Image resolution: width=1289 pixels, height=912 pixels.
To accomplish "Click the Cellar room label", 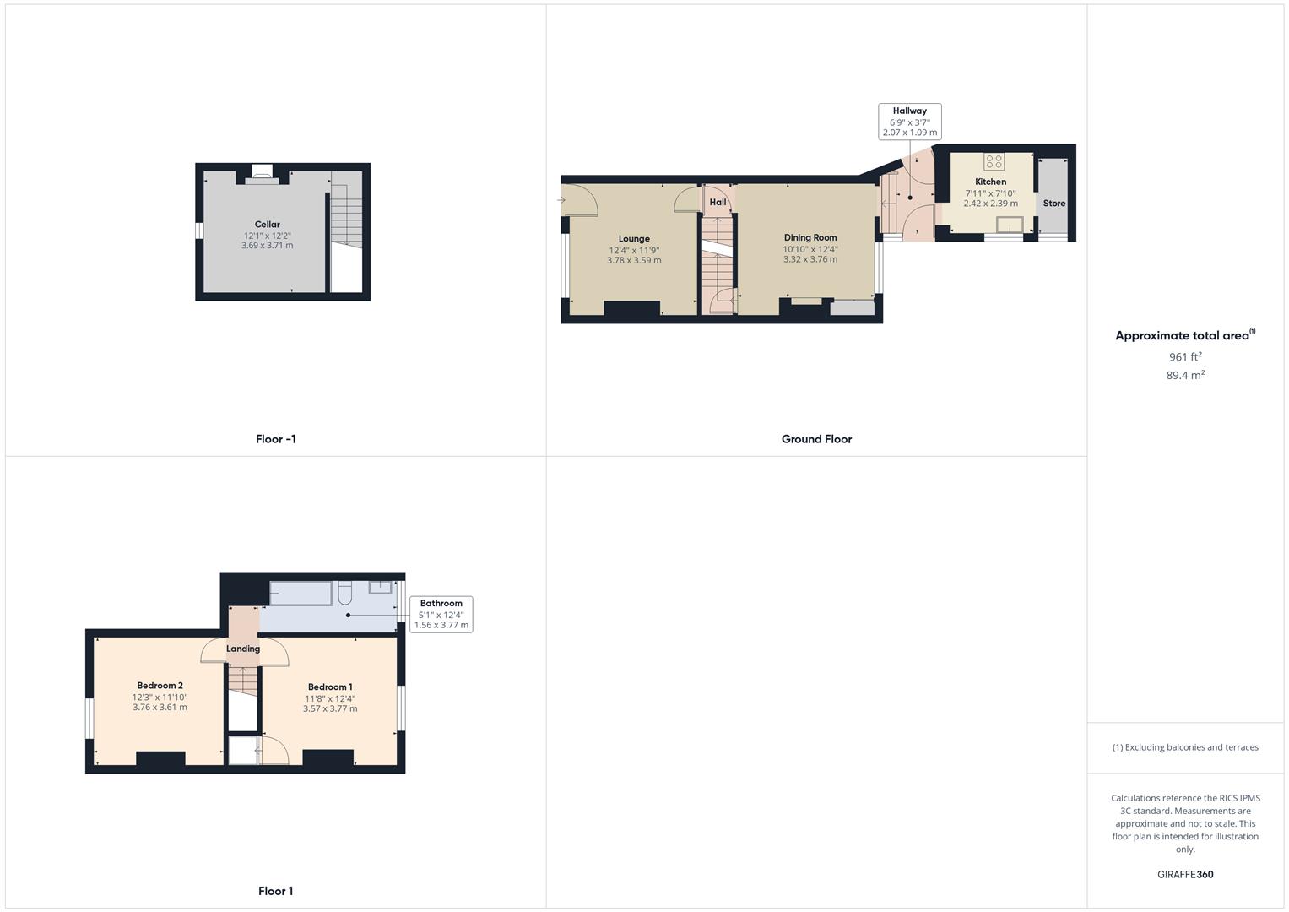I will click(x=268, y=225).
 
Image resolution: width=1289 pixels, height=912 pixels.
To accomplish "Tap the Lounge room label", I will click(x=634, y=239).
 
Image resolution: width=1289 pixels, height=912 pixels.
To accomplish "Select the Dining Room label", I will click(x=810, y=238).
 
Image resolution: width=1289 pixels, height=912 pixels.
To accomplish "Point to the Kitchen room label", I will click(x=990, y=182).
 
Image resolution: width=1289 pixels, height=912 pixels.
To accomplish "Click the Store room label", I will click(x=1054, y=204).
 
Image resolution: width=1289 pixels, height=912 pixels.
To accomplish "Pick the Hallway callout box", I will click(x=909, y=122).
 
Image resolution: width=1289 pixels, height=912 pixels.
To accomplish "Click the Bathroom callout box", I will click(x=441, y=614).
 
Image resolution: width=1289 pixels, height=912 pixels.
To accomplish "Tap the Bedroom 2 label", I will click(x=160, y=686).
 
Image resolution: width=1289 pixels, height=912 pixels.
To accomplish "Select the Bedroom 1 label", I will click(x=330, y=687).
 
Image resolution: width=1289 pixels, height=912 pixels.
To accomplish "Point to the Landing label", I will click(x=243, y=649).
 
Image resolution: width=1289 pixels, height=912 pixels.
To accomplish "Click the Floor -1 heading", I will click(x=276, y=439).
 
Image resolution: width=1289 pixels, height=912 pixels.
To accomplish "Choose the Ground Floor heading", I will click(x=816, y=439).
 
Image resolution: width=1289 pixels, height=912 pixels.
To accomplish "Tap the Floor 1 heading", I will click(x=276, y=891).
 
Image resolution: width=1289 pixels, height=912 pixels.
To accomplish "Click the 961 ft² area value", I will click(x=1185, y=357).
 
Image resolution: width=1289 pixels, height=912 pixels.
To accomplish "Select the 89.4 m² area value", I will click(x=1185, y=376).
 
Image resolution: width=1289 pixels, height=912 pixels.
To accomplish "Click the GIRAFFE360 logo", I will click(x=1185, y=875).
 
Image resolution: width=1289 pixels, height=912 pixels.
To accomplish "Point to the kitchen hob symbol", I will click(x=994, y=161).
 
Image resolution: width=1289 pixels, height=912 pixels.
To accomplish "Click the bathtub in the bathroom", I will click(x=301, y=594).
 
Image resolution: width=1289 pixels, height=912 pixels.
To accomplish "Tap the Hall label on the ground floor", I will click(x=718, y=203).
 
